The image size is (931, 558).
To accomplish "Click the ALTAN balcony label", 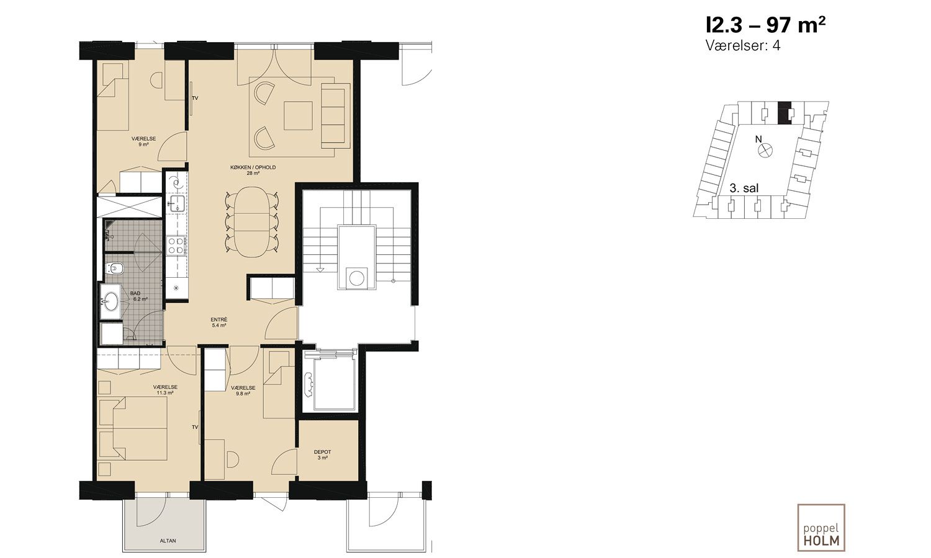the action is coord(168,541).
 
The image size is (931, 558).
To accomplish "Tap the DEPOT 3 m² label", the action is coord(323,454).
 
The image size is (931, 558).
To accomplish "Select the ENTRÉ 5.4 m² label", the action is coord(219,322).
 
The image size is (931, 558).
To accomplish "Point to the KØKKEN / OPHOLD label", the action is coord(253,167).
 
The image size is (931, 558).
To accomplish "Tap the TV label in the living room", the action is coord(195,99).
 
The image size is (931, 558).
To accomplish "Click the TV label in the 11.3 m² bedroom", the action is coord(195,427).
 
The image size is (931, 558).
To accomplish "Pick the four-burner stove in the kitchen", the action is coord(175,246).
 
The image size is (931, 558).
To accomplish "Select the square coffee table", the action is coord(298,116).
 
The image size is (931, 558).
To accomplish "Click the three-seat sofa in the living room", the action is coord(335,115).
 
